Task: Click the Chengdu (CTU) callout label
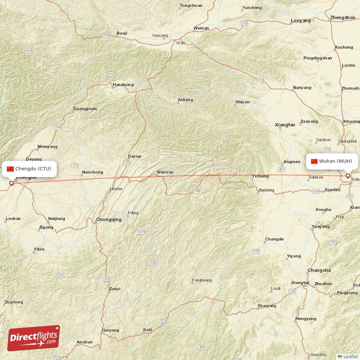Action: tap(30, 169)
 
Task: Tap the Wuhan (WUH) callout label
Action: tap(332, 161)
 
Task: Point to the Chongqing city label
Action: tap(108, 220)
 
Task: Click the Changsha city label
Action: tap(319, 270)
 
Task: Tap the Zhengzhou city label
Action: tap(342, 17)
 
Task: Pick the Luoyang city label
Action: tap(301, 21)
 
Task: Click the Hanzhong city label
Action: tap(123, 85)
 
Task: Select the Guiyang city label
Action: tap(110, 330)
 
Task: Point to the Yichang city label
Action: tap(260, 176)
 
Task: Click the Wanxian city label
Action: tap(165, 172)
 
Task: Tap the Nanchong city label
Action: tap(92, 172)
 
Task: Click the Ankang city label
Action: tap(185, 100)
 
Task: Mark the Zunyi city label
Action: tap(114, 289)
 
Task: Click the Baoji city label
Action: tap(121, 33)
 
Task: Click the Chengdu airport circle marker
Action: tap(12, 183)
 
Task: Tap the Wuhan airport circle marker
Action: tap(347, 176)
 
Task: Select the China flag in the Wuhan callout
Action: tap(314, 161)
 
